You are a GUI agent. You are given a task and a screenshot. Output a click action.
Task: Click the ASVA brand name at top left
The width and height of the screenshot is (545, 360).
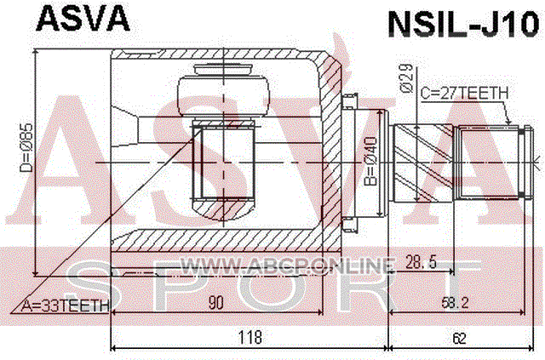pyautogui.click(x=83, y=20)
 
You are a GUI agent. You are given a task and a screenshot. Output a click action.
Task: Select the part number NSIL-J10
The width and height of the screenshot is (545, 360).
pyautogui.click(x=463, y=24)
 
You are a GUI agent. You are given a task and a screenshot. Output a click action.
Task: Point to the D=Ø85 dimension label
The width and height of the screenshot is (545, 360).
pyautogui.click(x=26, y=147)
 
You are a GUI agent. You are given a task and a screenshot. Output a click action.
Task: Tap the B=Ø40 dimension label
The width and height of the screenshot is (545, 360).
pyautogui.click(x=370, y=161)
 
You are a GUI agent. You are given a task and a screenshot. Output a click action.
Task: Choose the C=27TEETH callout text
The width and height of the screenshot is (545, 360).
pyautogui.click(x=464, y=93)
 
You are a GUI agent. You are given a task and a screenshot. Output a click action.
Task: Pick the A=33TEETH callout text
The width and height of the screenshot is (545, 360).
pyautogui.click(x=65, y=306)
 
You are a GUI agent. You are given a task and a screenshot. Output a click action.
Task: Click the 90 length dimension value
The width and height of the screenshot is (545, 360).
pyautogui.click(x=215, y=303)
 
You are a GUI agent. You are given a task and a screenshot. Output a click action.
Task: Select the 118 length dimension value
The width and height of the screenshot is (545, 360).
pyautogui.click(x=250, y=337)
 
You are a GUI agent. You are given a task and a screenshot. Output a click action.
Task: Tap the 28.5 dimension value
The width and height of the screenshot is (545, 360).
pyautogui.click(x=421, y=261)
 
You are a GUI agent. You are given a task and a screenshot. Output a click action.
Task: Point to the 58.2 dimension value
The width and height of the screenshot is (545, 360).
pyautogui.click(x=455, y=303)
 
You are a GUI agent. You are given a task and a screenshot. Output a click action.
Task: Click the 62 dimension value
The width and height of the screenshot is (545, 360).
pyautogui.click(x=459, y=338)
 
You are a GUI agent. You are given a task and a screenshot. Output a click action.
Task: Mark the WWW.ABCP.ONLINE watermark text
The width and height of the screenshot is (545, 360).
pyautogui.click(x=288, y=266)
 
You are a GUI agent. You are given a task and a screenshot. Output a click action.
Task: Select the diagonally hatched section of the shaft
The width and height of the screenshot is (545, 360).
pyautogui.click(x=423, y=163)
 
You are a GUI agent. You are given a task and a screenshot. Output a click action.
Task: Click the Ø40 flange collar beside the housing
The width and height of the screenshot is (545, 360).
pyautogui.click(x=364, y=163)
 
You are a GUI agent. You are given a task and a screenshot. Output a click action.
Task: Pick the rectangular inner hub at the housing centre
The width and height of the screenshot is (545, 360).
pyautogui.click(x=223, y=163)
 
